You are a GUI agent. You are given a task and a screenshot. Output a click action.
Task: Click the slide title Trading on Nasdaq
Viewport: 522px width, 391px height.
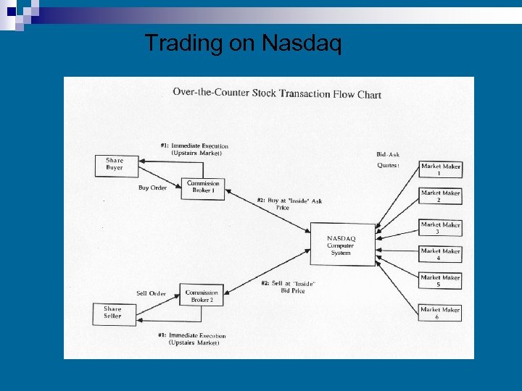point(242,43)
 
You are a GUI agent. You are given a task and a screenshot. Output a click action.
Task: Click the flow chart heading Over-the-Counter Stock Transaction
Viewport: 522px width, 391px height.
point(276,93)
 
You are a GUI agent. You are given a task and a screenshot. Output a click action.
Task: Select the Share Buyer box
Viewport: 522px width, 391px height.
point(115,164)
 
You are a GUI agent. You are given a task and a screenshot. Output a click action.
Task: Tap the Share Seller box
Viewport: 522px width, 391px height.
point(114,313)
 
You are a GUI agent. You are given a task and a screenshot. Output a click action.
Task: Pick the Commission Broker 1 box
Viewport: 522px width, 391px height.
point(203,187)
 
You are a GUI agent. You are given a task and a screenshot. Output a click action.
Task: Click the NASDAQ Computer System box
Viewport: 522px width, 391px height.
point(341,245)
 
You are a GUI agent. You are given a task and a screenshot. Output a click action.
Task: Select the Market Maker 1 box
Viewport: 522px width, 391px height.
point(440,169)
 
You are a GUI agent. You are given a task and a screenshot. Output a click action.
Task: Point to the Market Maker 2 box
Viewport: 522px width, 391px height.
point(440,196)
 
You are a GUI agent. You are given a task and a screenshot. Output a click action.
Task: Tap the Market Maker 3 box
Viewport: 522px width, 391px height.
point(440,227)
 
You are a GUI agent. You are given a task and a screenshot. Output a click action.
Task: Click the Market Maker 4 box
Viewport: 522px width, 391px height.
point(440,254)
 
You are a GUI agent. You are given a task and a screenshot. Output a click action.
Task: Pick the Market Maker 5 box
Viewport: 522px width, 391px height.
point(440,281)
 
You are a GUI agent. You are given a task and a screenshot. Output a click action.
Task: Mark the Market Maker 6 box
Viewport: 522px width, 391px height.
point(440,313)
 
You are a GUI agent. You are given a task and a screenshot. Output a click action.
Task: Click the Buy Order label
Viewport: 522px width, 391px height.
point(152,188)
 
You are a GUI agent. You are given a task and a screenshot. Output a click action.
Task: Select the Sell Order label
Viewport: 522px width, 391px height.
point(151,293)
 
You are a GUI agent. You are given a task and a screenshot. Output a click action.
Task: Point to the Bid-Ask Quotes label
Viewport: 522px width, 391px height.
point(388,159)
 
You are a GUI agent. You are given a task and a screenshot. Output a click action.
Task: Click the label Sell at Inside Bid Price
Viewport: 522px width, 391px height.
point(288,287)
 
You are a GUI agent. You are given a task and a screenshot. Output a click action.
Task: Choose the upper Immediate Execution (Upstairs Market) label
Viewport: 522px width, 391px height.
point(194,149)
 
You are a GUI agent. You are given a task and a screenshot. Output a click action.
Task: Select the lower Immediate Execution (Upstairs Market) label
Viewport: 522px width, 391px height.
point(192,339)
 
